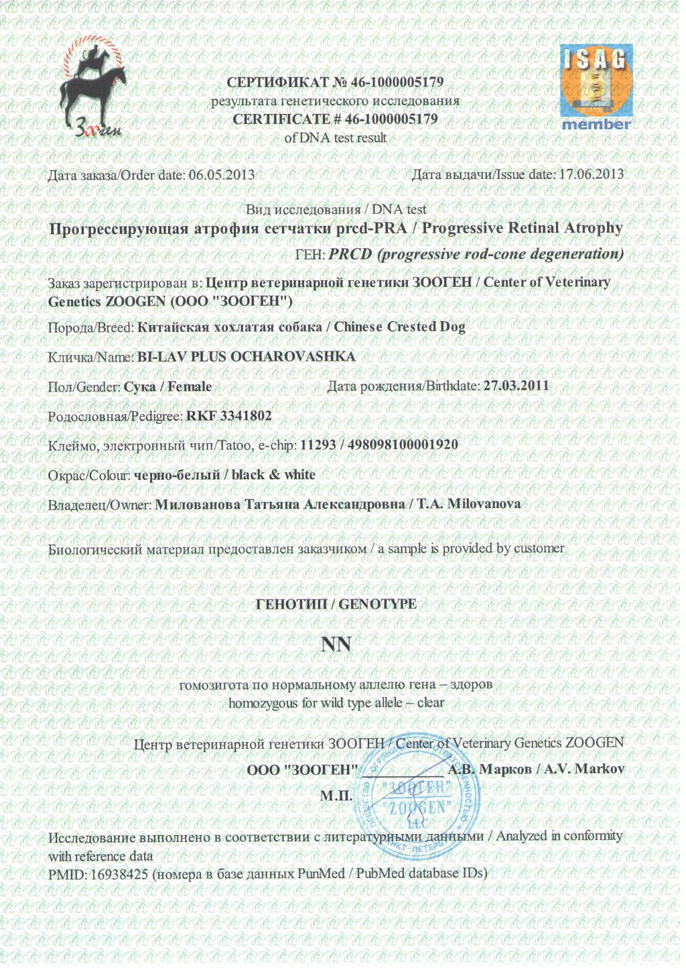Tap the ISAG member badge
(x=596, y=87)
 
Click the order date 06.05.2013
(x=222, y=175)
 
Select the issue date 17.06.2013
(x=591, y=174)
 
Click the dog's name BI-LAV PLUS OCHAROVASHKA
(x=246, y=357)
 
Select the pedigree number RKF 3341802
(x=229, y=416)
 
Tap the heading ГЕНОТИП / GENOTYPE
(x=336, y=604)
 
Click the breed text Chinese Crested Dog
(x=399, y=327)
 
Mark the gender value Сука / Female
(x=168, y=387)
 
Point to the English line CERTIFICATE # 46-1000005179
(x=335, y=120)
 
